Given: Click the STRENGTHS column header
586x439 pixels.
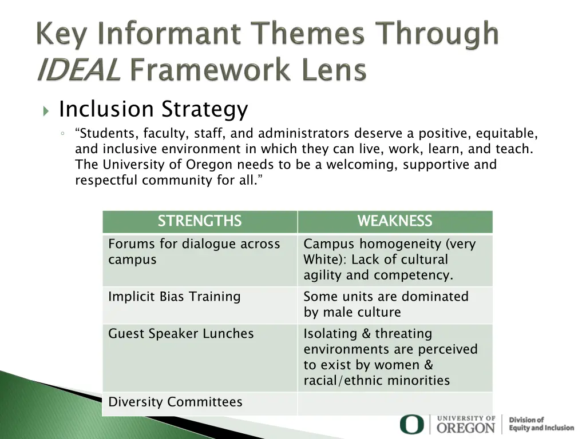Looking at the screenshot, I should (200, 221).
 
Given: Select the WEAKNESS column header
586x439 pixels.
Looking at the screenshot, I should (394, 221).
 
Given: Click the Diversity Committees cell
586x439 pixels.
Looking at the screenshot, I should (200, 403).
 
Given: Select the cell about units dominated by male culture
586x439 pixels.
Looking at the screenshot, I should (394, 305).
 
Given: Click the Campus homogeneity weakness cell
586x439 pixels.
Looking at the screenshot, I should (394, 260).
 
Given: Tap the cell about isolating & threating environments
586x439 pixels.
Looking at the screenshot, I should (394, 357).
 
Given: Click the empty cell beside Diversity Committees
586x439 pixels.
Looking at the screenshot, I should (394, 403).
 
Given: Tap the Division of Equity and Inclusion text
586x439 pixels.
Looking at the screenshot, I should (541, 424).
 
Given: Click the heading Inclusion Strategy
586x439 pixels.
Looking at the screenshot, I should (153, 109).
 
